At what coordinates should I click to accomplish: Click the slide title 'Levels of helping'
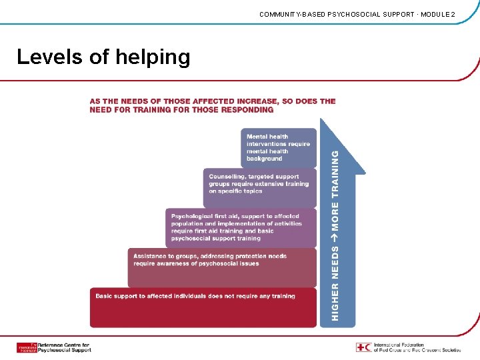pyautogui.click(x=103, y=57)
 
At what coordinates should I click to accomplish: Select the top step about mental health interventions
pyautogui.click(x=279, y=147)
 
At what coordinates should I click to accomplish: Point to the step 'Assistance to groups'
pyautogui.click(x=221, y=265)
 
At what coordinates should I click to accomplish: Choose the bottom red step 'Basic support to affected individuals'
pyautogui.click(x=203, y=307)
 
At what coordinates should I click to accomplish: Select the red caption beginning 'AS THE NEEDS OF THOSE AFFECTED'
pyautogui.click(x=213, y=105)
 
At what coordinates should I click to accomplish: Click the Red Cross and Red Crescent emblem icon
pyautogui.click(x=363, y=347)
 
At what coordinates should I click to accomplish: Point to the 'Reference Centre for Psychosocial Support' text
pyautogui.click(x=64, y=347)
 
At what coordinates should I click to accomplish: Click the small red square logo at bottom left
pyautogui.click(x=27, y=347)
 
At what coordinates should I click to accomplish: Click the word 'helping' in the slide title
pyautogui.click(x=153, y=57)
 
